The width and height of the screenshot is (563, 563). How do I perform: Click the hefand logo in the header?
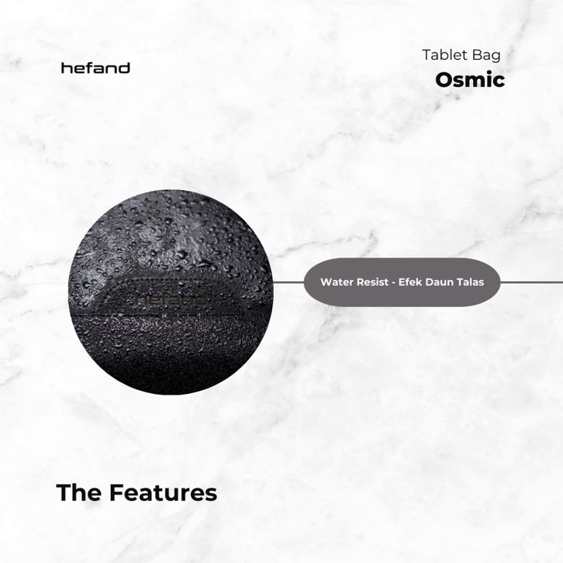[95, 68]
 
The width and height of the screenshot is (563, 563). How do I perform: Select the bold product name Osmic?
[470, 80]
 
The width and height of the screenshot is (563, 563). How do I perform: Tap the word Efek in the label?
[409, 281]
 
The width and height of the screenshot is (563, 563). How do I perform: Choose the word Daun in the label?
[437, 281]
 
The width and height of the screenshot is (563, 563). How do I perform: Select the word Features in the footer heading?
[164, 492]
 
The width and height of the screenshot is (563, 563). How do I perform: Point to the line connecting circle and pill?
[288, 282]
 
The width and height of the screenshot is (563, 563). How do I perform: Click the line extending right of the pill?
[531, 282]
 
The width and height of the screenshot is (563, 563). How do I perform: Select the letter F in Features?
[116, 492]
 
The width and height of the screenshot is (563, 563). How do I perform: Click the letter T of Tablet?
[427, 55]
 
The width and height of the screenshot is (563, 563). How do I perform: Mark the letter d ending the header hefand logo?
[124, 68]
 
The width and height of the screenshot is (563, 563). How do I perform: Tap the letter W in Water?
[326, 281]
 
